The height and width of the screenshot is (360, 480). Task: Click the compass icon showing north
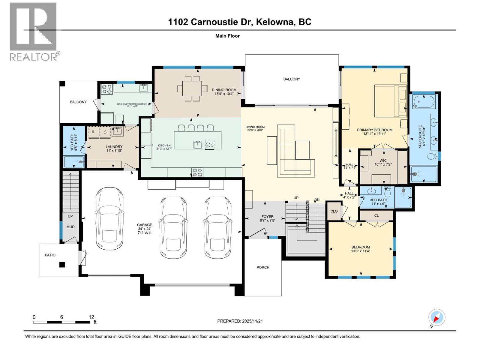click(x=436, y=317)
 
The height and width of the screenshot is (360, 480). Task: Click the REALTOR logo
click(x=33, y=31)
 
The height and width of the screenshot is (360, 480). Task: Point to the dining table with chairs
click(x=192, y=88)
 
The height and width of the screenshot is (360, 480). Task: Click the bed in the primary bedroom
click(x=390, y=101)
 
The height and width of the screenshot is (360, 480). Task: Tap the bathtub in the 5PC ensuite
click(x=423, y=102)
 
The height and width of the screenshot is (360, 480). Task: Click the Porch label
click(x=263, y=267)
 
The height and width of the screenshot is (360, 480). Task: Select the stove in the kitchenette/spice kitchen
click(x=107, y=88)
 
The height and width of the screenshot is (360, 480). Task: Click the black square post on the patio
click(x=62, y=265)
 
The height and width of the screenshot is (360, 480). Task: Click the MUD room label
click(x=70, y=227)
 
